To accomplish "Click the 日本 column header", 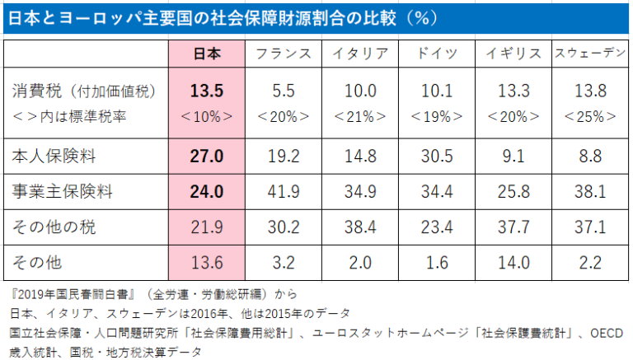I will [206, 53].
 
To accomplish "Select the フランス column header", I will [284, 53].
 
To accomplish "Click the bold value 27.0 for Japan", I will [207, 155].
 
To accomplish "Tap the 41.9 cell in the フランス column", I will [284, 192].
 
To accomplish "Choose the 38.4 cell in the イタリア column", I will [360, 227].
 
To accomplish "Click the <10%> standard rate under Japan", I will [207, 116].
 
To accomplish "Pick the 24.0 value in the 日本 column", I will [207, 192].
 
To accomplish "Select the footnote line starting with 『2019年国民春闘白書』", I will [153, 293].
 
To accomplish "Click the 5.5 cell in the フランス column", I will [284, 90].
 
